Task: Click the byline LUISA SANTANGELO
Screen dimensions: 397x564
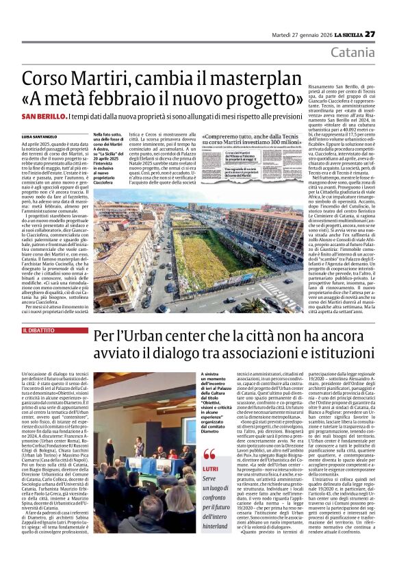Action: coord(40,136)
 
